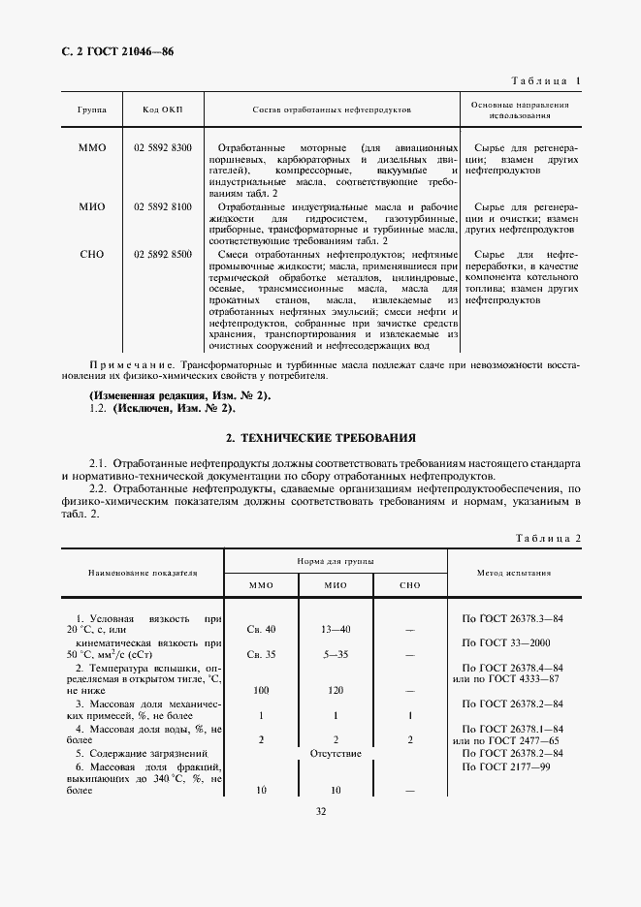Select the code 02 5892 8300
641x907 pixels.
[164, 147]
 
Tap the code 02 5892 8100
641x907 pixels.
[164, 206]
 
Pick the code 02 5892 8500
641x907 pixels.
[164, 255]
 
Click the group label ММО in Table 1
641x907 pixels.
[91, 147]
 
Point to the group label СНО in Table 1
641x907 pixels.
[91, 255]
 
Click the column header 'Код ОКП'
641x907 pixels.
[162, 109]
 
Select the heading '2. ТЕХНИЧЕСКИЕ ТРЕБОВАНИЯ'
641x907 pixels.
[320, 438]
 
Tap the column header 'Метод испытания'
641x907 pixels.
[514, 573]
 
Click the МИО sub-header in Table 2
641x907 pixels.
[336, 585]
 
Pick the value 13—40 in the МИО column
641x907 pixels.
[336, 629]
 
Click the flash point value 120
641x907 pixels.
[336, 691]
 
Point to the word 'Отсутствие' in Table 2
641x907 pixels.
[336, 753]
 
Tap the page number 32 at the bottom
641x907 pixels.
[320, 811]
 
